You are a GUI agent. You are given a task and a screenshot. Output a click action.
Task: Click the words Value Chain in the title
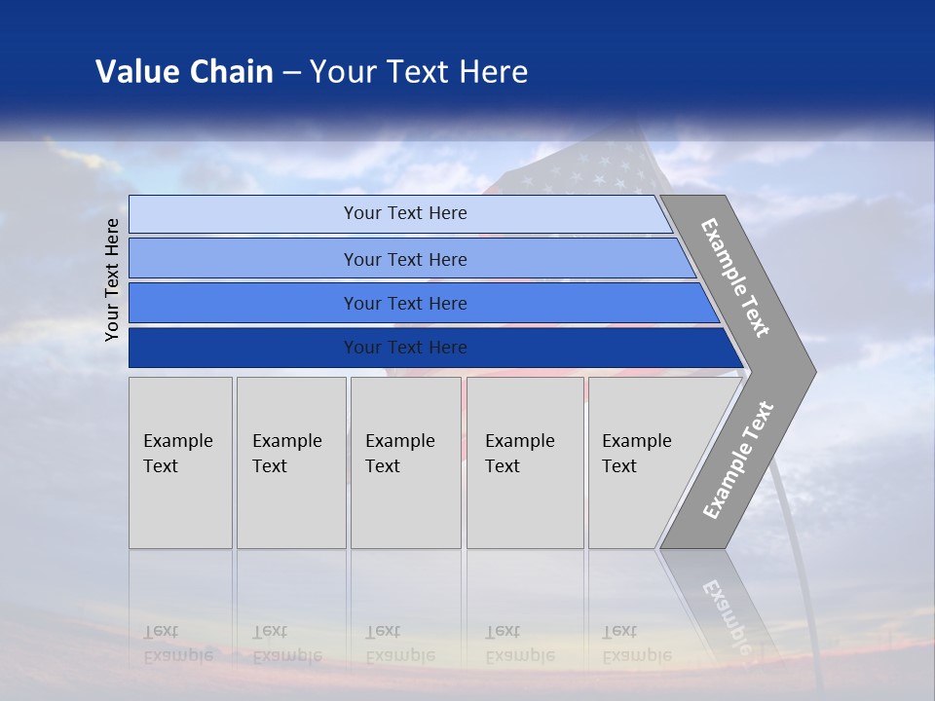pyautogui.click(x=184, y=71)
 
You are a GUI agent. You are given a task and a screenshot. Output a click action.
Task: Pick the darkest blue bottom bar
pyautogui.click(x=243, y=348)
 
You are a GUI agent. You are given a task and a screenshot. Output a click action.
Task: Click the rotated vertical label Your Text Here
pyautogui.click(x=112, y=279)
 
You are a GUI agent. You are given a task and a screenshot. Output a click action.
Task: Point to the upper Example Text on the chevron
pyautogui.click(x=735, y=277)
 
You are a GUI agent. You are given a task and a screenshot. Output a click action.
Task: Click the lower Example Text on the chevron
pyautogui.click(x=737, y=461)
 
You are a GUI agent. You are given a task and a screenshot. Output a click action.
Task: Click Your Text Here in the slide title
pyautogui.click(x=419, y=71)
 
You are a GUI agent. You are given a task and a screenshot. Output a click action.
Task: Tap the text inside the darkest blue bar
pyautogui.click(x=405, y=348)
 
